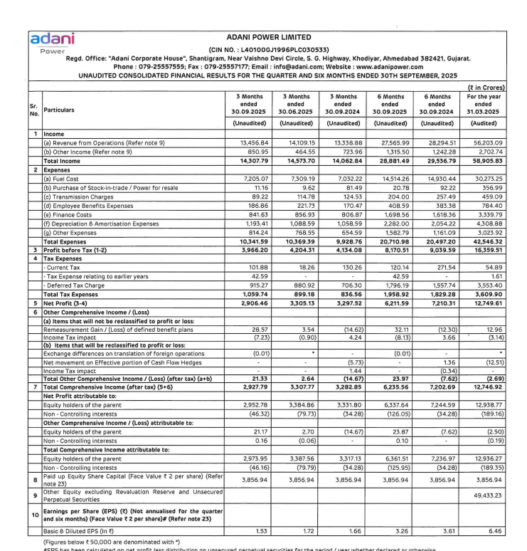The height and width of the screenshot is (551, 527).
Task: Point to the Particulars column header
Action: pyautogui.click(x=63, y=110)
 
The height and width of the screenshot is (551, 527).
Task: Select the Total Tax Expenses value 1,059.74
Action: pyautogui.click(x=252, y=294)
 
